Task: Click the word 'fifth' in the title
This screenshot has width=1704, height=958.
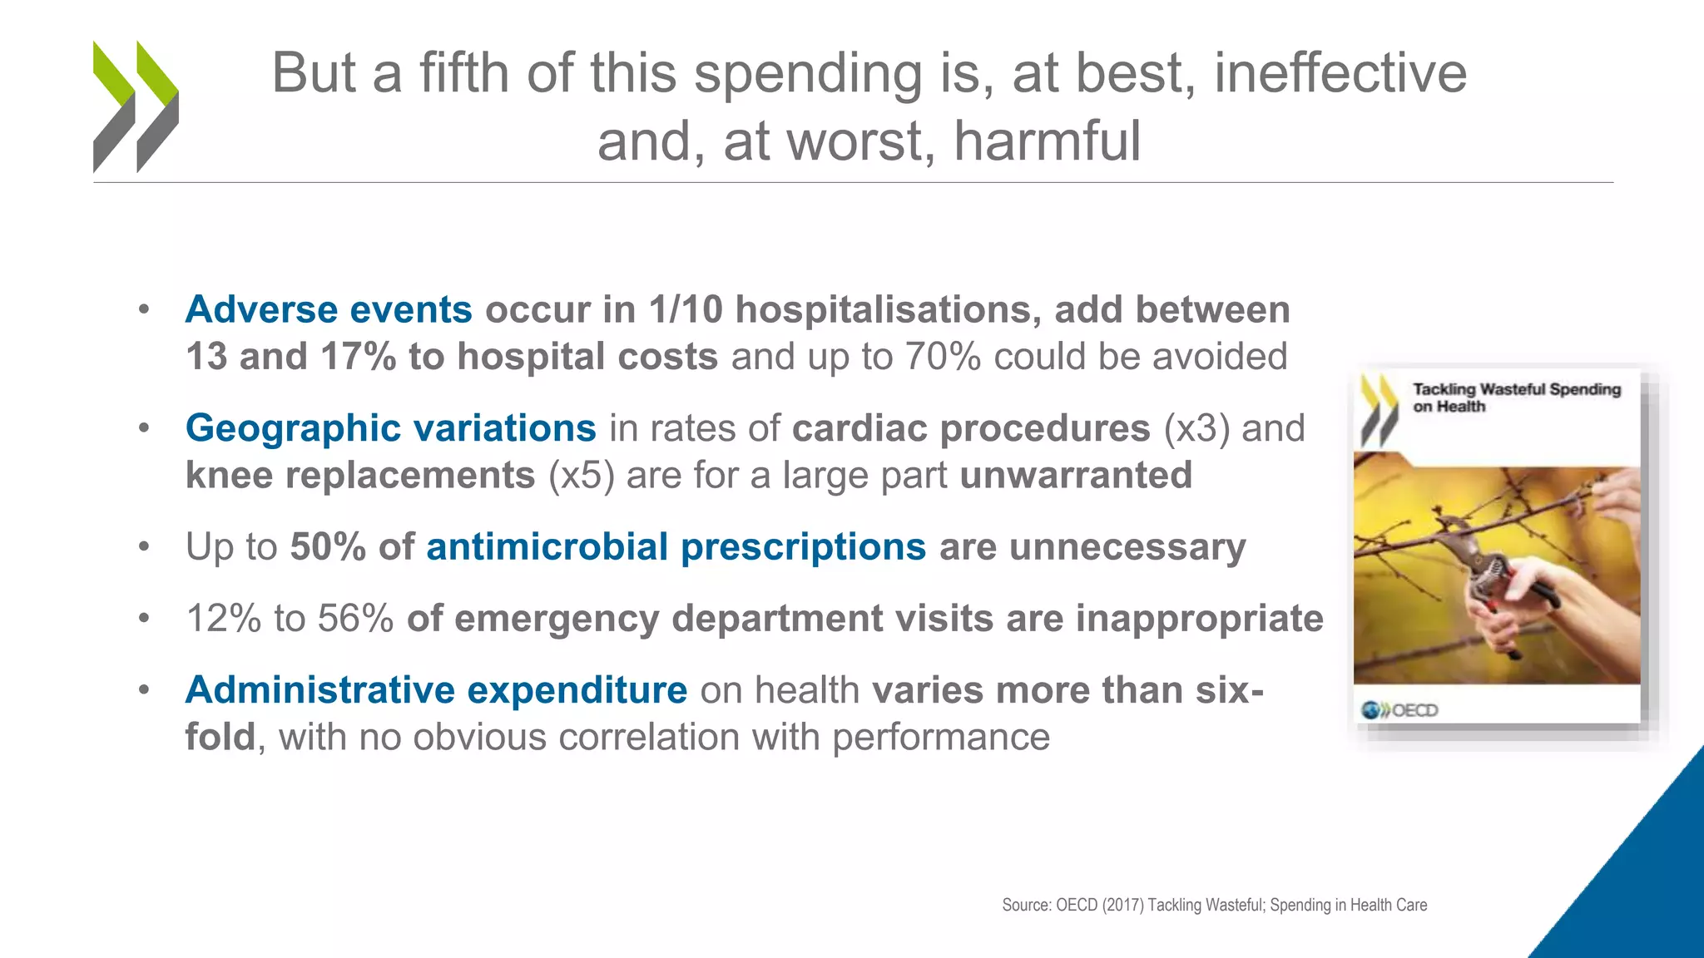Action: (x=463, y=73)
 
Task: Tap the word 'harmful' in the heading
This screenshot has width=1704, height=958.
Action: (x=1047, y=141)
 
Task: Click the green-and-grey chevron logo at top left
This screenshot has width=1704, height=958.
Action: (x=136, y=106)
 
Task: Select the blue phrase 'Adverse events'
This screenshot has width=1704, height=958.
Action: (x=329, y=310)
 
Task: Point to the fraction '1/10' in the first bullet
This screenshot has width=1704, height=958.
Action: (x=686, y=310)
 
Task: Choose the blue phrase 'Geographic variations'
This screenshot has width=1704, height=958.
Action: (x=390, y=429)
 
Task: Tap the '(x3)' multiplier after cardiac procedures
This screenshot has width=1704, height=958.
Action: (x=1196, y=429)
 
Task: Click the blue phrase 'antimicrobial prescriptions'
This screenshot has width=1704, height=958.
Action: (x=676, y=548)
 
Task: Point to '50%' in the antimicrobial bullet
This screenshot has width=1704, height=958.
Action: (x=327, y=548)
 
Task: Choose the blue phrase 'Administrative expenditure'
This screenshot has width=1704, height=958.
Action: (x=436, y=691)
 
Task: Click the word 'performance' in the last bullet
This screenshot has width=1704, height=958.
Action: (x=940, y=738)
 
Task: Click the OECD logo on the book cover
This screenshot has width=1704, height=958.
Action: (x=1399, y=710)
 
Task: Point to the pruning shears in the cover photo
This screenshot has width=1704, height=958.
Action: (x=1489, y=574)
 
